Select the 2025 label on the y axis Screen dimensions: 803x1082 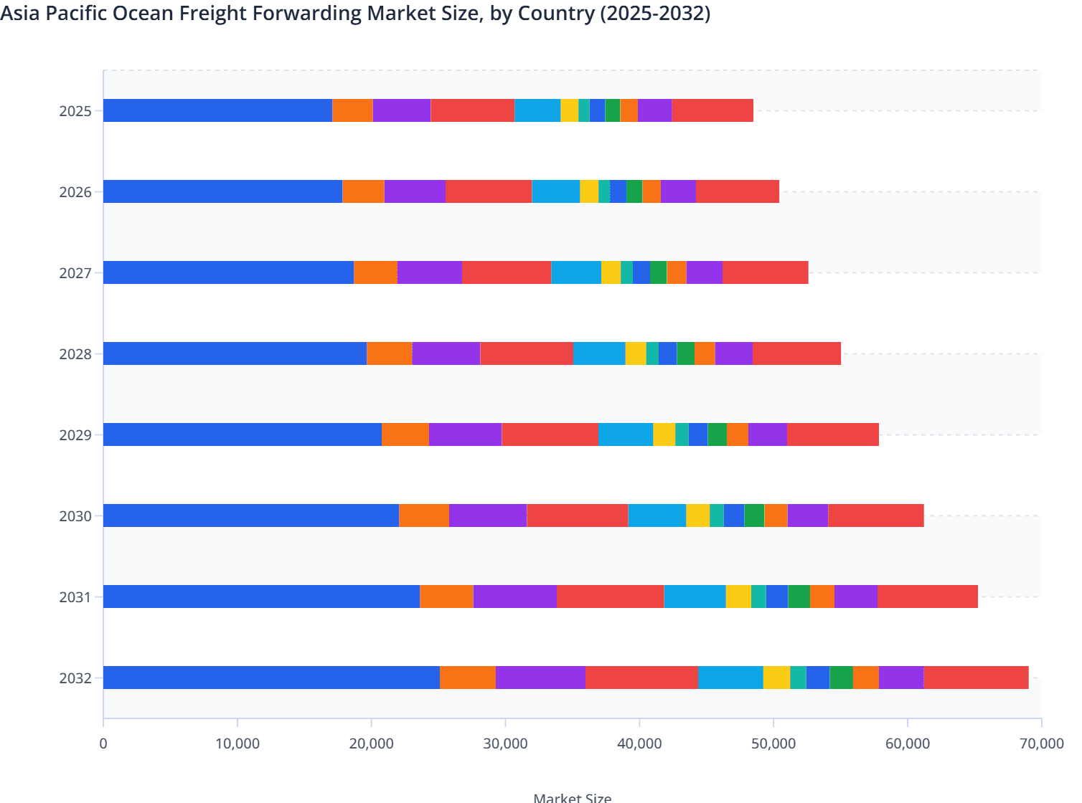(x=75, y=111)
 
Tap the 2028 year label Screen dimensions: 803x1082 (x=75, y=354)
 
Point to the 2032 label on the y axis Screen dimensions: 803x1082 (x=75, y=678)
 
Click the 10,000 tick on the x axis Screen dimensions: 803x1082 (x=237, y=743)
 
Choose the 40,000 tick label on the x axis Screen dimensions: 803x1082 (x=639, y=743)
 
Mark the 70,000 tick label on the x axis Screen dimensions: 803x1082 (x=1040, y=743)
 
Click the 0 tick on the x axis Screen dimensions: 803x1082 (x=103, y=743)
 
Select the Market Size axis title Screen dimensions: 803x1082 (x=572, y=797)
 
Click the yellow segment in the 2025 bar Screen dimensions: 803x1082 (x=569, y=110)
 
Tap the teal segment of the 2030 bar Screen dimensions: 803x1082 (x=716, y=515)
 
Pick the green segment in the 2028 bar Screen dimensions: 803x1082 (x=685, y=353)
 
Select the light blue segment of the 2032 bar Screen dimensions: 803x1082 (x=730, y=678)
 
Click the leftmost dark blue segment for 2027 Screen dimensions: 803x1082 (x=228, y=272)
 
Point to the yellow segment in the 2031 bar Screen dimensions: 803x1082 (x=738, y=597)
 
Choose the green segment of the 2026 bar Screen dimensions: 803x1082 (x=634, y=191)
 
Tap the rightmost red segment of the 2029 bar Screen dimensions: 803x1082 (x=832, y=434)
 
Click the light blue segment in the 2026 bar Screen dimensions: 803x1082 (x=555, y=191)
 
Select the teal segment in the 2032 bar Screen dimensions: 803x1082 (x=798, y=678)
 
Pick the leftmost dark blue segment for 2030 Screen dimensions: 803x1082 (x=251, y=515)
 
